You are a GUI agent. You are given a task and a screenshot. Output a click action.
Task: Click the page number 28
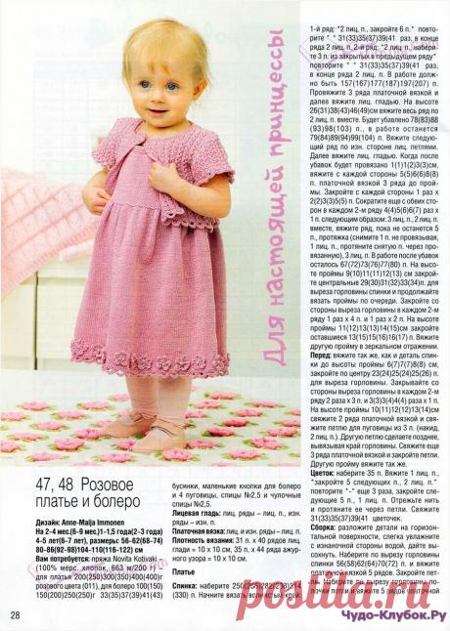tap(18, 614)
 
